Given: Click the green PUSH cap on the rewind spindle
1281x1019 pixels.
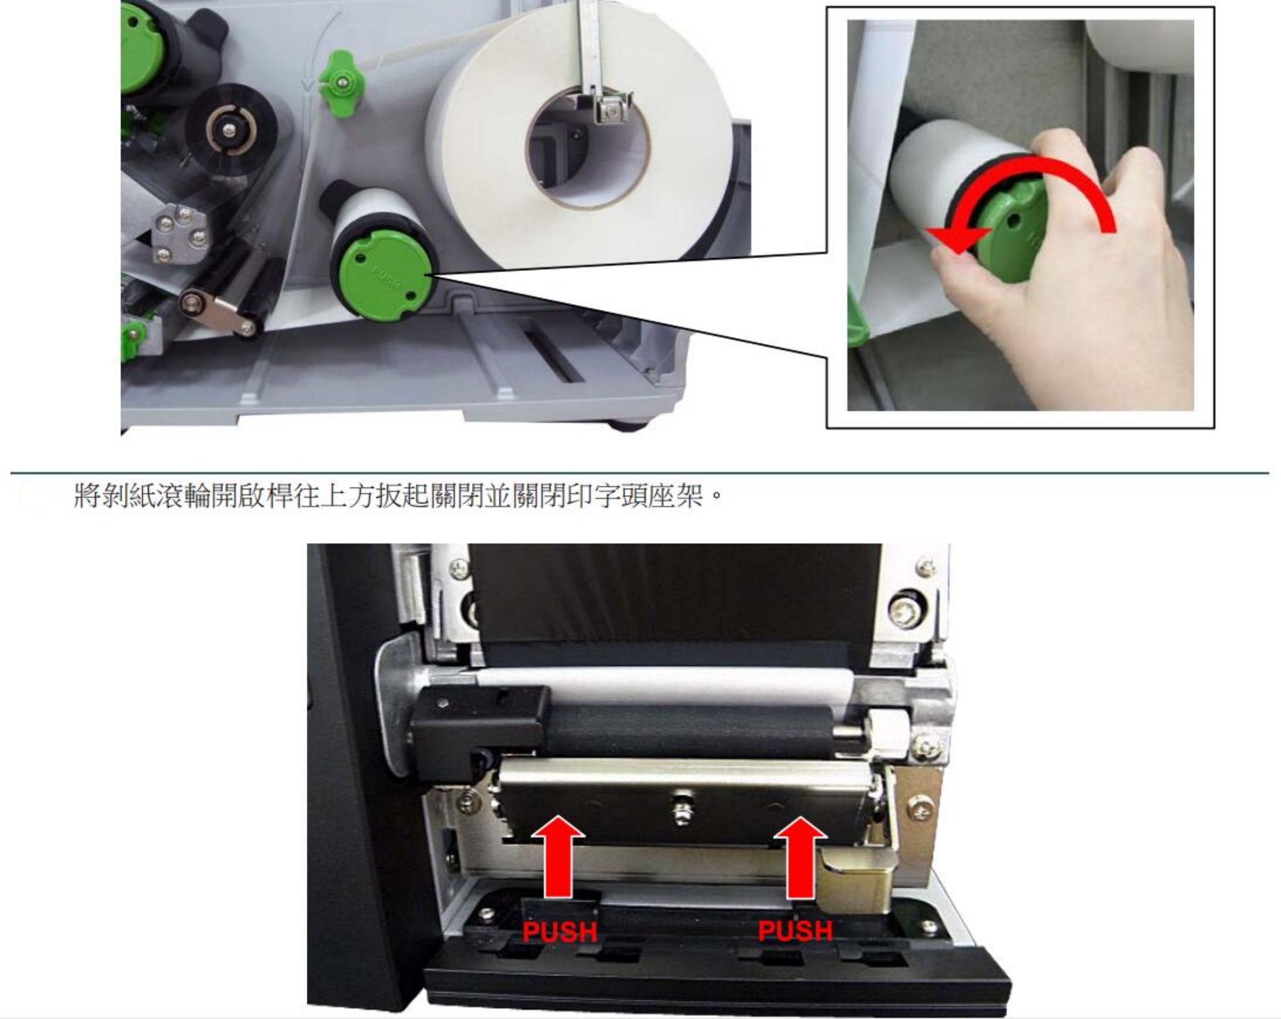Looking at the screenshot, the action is [x=384, y=275].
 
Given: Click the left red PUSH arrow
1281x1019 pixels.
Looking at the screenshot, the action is [x=559, y=856].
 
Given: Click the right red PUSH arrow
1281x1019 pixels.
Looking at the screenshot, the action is [x=800, y=856].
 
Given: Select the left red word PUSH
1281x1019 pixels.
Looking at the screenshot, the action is [x=560, y=931].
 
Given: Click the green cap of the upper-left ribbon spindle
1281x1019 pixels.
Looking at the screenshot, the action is [x=136, y=48].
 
